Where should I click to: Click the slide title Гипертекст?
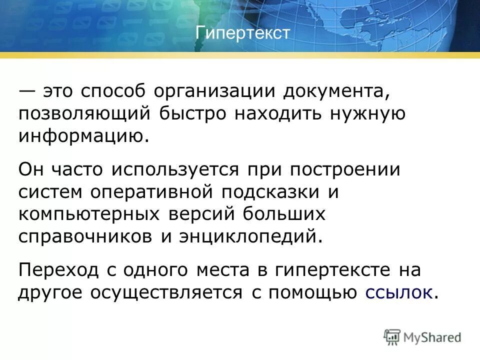click(x=243, y=33)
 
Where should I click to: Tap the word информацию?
click(x=83, y=135)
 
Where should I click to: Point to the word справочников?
click(x=85, y=235)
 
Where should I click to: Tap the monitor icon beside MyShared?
click(x=392, y=336)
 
